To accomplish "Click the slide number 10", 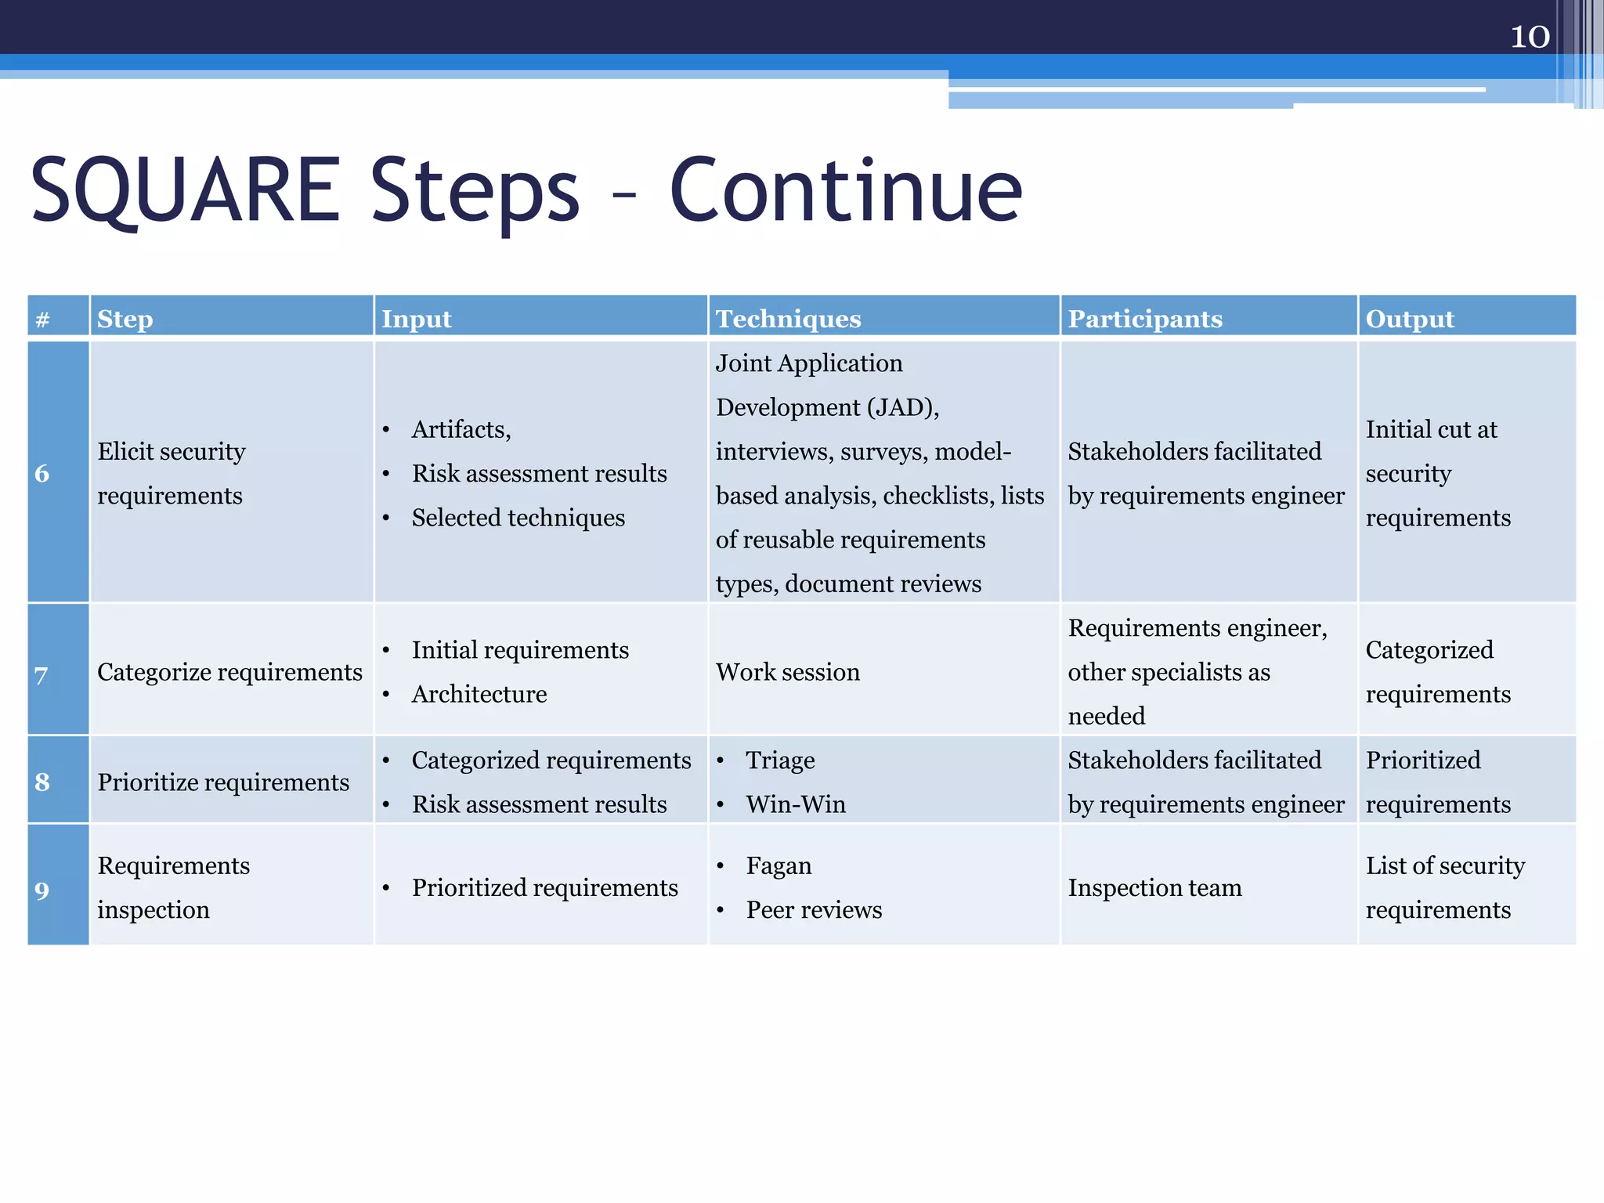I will [1529, 37].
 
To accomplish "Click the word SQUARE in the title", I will [185, 190].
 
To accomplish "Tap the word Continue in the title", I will [846, 190].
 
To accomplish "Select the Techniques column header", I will [788, 319].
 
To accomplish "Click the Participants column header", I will [1144, 319].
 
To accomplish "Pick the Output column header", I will [1409, 319].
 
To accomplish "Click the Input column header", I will [416, 319].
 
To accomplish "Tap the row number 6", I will [42, 473].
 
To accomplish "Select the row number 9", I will [42, 890].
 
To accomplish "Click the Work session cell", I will [787, 672].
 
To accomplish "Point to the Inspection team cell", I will [1154, 887].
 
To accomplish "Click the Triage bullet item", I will [780, 760].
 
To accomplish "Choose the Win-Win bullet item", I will [796, 804].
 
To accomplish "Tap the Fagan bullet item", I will [779, 865].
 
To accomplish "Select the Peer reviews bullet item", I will [814, 909].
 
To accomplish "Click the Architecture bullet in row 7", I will [479, 694].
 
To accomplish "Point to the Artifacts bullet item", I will [461, 429].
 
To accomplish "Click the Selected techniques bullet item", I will [518, 518].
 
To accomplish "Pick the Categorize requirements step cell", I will [229, 672].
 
